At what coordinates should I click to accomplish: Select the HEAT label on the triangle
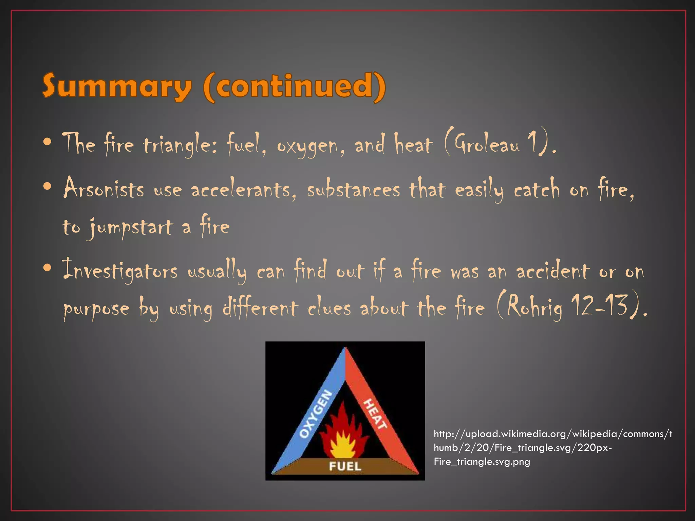(375, 414)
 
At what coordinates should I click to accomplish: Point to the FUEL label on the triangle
(345, 466)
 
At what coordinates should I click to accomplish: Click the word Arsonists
(104, 189)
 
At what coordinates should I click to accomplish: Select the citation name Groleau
(487, 145)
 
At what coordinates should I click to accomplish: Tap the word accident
(553, 271)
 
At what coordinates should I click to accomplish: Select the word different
(260, 308)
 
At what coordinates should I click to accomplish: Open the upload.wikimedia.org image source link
(553, 448)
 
